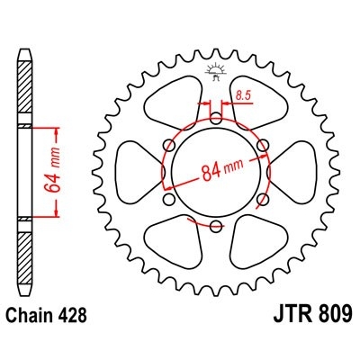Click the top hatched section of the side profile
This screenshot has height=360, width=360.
tap(24, 90)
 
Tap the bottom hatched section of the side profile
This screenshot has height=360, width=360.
tap(24, 254)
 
